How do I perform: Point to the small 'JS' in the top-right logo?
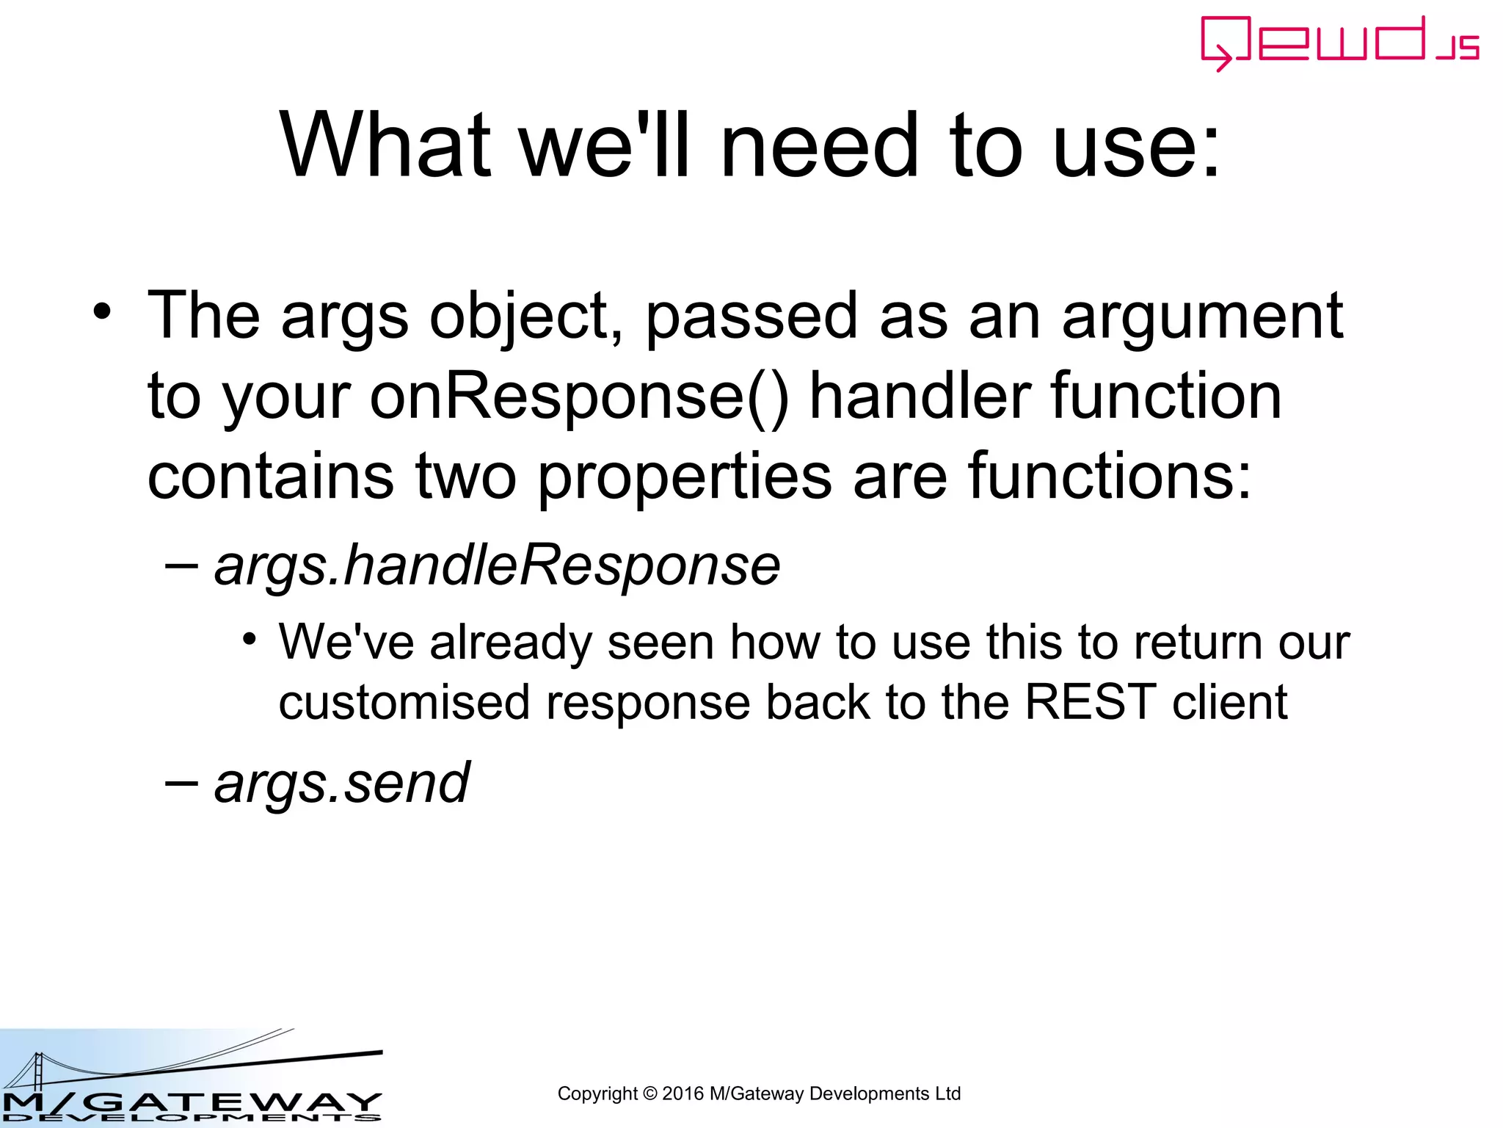click(x=1457, y=48)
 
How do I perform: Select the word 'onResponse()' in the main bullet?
click(x=579, y=397)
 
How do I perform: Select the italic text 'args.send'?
click(x=341, y=783)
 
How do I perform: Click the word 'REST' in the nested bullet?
click(x=1089, y=702)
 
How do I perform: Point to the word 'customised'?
click(x=404, y=702)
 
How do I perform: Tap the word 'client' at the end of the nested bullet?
click(x=1229, y=702)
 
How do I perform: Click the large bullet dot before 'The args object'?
click(x=102, y=311)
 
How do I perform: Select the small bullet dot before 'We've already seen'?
click(x=250, y=638)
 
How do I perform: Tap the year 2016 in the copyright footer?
click(x=683, y=1093)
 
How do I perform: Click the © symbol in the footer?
click(x=649, y=1093)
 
